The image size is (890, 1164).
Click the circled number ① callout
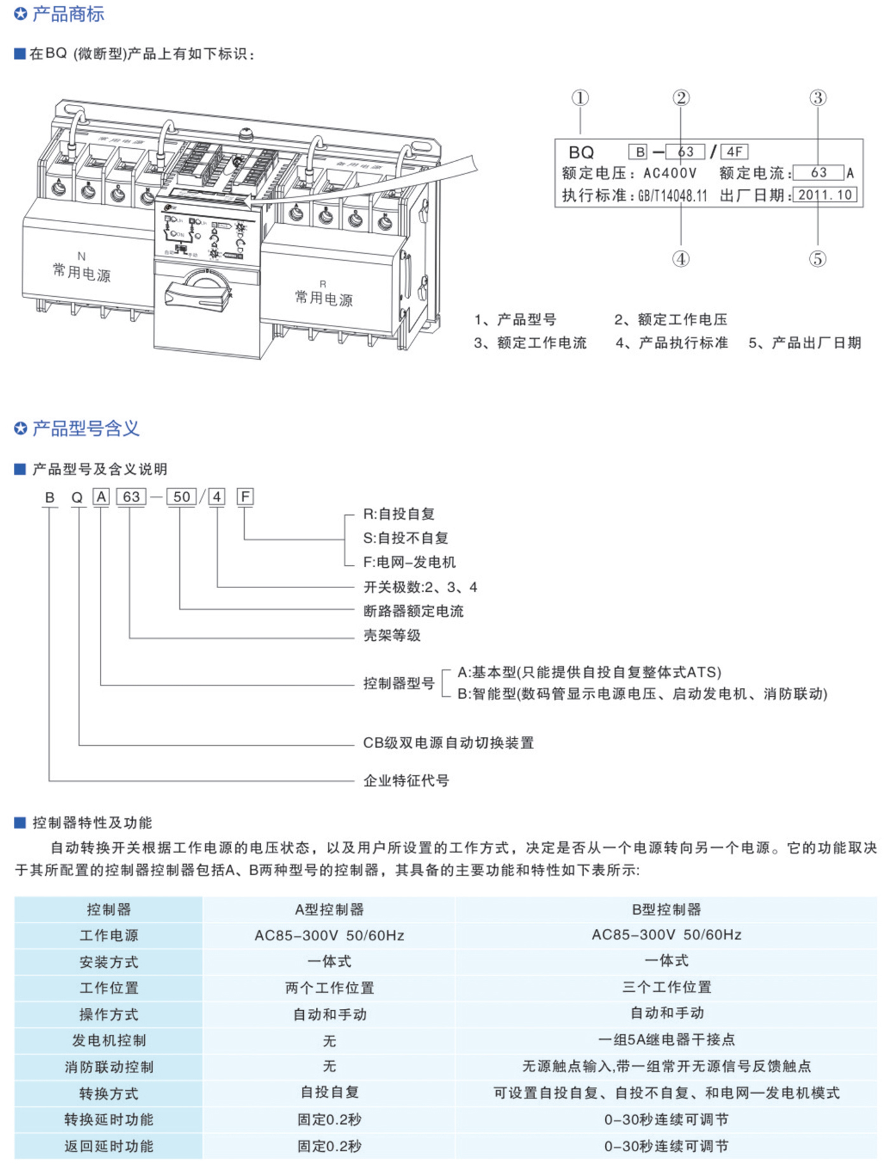tap(580, 98)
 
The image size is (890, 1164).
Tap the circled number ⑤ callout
tap(818, 259)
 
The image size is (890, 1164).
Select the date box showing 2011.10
tap(825, 195)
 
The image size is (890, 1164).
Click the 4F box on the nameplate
tap(734, 151)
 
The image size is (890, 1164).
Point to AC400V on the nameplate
tap(670, 173)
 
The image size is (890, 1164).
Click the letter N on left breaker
tap(81, 256)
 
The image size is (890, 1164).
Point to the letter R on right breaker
tap(323, 284)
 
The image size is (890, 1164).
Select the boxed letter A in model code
tap(101, 496)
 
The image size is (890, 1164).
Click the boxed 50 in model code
tap(182, 496)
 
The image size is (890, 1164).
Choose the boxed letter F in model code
tap(245, 496)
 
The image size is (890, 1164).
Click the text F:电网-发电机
tap(409, 562)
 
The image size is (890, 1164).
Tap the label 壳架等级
tap(392, 635)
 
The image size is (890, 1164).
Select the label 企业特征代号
tap(406, 780)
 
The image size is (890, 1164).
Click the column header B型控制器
tap(666, 909)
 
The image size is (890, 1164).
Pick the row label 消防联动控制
tap(109, 1067)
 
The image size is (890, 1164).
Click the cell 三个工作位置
tap(666, 987)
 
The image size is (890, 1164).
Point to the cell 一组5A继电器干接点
tap(666, 1040)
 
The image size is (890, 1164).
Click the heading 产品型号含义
tap(85, 428)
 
